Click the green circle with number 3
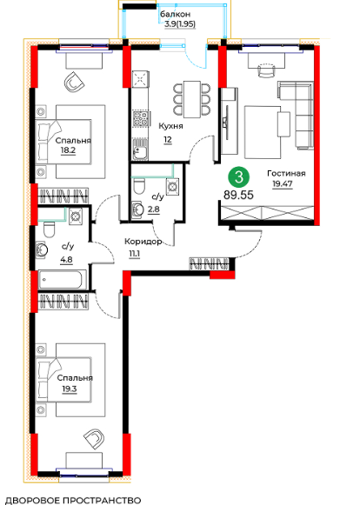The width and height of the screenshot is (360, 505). [x=238, y=177]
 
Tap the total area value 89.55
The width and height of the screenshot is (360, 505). [x=238, y=195]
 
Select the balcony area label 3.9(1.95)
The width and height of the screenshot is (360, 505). [x=180, y=23]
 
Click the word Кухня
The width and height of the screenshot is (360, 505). [x=170, y=126]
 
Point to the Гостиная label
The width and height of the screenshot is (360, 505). [x=286, y=174]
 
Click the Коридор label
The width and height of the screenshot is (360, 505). [x=143, y=242]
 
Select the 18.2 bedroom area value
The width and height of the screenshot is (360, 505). [x=68, y=150]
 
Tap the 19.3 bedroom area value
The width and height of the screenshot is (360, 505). [x=70, y=389]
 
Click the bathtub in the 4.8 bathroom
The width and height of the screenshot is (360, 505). [x=63, y=280]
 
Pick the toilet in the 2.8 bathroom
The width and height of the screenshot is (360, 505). [x=139, y=186]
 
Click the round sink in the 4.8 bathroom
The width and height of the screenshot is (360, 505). [x=43, y=249]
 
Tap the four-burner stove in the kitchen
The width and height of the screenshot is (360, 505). [x=141, y=119]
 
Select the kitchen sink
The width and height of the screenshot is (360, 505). [x=140, y=149]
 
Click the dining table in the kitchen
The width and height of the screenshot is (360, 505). [x=192, y=99]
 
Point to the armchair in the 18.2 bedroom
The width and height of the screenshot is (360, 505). [x=75, y=83]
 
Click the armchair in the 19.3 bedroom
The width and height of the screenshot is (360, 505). [x=95, y=439]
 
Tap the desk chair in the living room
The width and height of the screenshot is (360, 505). [x=269, y=70]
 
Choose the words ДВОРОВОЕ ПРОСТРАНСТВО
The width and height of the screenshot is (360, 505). [x=74, y=500]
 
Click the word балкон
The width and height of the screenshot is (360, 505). [x=176, y=15]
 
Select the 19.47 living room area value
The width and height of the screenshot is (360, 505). [x=283, y=184]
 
